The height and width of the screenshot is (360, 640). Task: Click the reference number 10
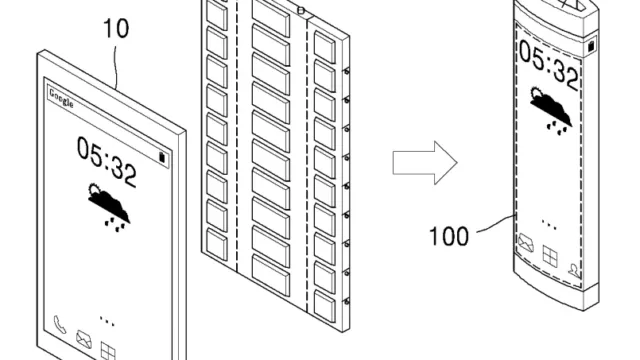pos(116,29)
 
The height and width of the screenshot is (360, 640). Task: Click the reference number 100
pos(449,236)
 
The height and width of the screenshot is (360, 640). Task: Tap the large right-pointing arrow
pos(425,163)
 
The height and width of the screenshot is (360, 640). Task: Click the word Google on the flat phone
pos(61,98)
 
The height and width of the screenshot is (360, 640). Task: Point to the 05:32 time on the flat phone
pos(107,162)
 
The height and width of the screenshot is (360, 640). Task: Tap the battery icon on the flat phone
pos(162,158)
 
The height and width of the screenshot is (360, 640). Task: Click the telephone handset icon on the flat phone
pos(60,325)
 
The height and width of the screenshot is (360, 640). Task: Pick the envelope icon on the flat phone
pos(84,340)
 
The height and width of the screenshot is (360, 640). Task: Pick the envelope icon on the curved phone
pos(526,243)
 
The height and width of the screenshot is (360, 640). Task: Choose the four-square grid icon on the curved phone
pos(550,256)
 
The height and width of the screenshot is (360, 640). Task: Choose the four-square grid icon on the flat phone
pos(108,352)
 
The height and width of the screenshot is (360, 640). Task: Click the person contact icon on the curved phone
pos(574,270)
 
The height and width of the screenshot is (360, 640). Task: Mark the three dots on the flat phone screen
pos(107,321)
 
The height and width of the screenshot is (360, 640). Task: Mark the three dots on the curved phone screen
pos(549,224)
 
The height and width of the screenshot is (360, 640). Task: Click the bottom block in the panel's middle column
pos(271,275)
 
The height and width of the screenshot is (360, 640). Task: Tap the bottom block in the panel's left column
pos(217,243)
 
